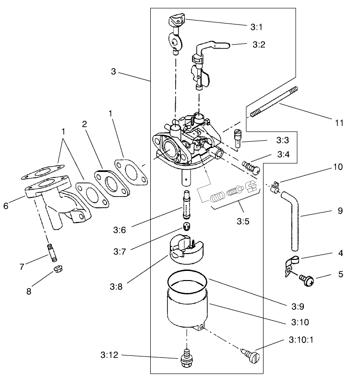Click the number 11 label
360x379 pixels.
(339, 122)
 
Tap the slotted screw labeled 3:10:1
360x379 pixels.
(251, 358)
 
